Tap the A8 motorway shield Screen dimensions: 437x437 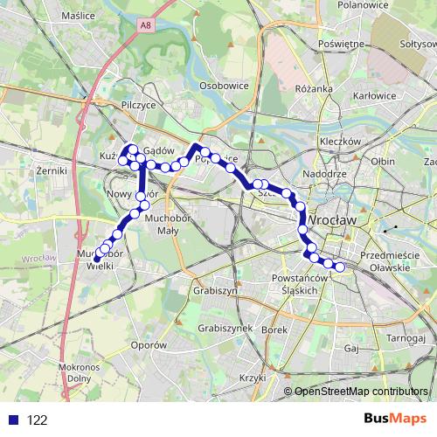(145, 27)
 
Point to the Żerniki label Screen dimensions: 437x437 (52, 170)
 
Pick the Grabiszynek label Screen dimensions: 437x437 (225, 328)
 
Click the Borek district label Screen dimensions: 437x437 (274, 329)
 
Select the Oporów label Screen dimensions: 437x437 (149, 345)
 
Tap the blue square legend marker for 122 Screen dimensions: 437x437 (11, 420)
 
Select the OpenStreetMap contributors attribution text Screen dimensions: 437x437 (361, 392)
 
